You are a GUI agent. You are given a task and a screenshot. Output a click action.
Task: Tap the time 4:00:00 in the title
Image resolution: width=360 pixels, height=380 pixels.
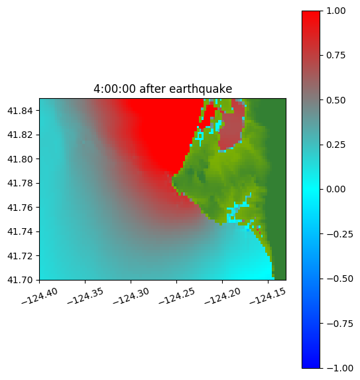[115, 89]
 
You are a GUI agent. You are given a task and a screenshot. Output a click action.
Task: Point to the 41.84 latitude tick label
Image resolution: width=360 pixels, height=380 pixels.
[20, 111]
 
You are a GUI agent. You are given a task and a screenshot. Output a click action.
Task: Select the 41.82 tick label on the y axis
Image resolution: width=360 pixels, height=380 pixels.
[20, 135]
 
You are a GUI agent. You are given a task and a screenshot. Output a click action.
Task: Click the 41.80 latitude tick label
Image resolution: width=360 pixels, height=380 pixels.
[20, 159]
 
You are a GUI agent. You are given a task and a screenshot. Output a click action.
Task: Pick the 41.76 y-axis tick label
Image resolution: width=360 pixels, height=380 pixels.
[20, 208]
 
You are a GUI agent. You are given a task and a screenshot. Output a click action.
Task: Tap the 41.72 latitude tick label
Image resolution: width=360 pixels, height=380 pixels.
[20, 256]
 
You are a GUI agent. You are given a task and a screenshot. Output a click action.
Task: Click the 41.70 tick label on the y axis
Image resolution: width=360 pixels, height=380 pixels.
[20, 280]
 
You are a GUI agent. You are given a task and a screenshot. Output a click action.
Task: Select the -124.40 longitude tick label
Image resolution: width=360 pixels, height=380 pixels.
[40, 296]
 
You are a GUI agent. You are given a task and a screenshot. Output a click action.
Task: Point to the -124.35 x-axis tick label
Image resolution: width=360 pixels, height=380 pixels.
[85, 296]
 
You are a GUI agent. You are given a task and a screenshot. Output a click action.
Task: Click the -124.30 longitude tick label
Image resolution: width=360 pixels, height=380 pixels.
[131, 296]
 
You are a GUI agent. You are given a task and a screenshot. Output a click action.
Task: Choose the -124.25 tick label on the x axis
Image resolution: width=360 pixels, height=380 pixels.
[176, 296]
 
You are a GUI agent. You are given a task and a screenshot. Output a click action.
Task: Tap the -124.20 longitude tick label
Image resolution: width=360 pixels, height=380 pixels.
[222, 296]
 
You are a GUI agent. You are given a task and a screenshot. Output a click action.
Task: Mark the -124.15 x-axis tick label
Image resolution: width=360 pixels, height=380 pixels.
[268, 296]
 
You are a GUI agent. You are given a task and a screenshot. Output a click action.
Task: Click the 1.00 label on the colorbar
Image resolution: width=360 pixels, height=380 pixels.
[335, 11]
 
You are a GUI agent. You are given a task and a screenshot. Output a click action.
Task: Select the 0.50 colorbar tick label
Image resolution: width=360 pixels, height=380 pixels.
[335, 100]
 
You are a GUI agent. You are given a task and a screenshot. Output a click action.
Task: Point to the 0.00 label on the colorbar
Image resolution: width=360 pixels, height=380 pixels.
[335, 189]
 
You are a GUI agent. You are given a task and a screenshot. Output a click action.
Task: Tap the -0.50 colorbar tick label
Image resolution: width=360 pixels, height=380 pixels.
[339, 279]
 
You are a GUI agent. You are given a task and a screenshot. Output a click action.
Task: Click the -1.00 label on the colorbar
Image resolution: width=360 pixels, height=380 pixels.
[339, 368]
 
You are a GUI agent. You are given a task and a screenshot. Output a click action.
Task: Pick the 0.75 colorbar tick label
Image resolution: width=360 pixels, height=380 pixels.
[335, 56]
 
